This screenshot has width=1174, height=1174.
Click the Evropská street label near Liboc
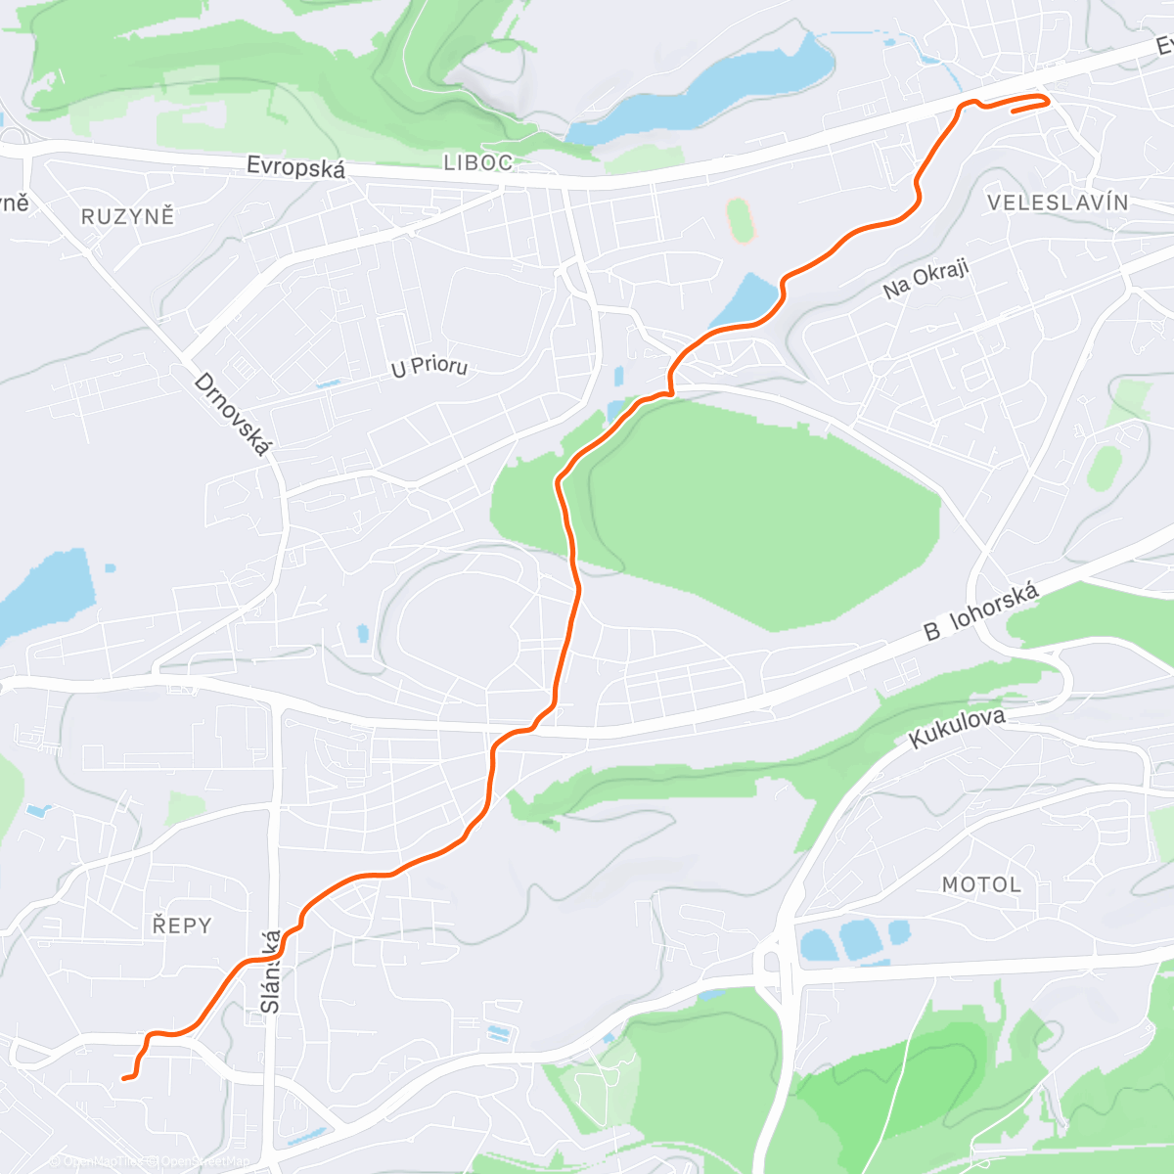pyautogui.click(x=295, y=166)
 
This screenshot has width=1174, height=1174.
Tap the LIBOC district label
pyautogui.click(x=477, y=163)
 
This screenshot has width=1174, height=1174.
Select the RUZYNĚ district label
pyautogui.click(x=127, y=216)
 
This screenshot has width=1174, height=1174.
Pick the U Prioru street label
pyautogui.click(x=429, y=367)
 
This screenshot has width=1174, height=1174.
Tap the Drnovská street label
pyautogui.click(x=231, y=414)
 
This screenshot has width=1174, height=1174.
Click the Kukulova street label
pyautogui.click(x=957, y=728)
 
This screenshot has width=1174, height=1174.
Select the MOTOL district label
pyautogui.click(x=981, y=884)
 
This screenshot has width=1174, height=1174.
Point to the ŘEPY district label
pyautogui.click(x=182, y=925)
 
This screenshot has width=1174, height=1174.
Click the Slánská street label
pyautogui.click(x=271, y=971)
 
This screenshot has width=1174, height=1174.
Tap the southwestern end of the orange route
pyautogui.click(x=124, y=1078)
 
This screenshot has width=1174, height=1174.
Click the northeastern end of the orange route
pyautogui.click(x=1014, y=111)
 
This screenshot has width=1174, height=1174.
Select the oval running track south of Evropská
pyautogui.click(x=742, y=220)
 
